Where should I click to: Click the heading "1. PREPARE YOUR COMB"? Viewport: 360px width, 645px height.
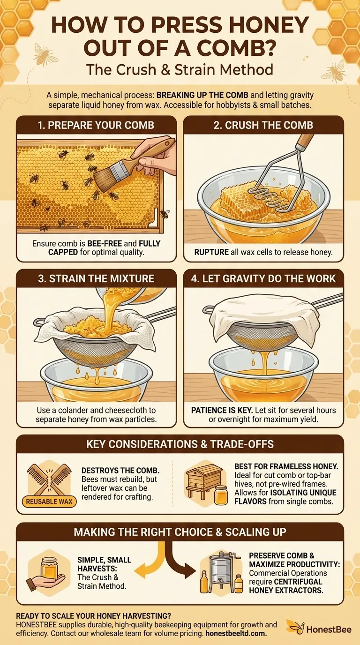pyautogui.click(x=96, y=126)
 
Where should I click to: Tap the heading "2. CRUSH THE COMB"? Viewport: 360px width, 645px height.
pyautogui.click(x=263, y=126)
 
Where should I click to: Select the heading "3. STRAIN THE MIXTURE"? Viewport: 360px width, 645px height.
pyautogui.click(x=96, y=278)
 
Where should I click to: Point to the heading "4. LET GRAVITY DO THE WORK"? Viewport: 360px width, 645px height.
pyautogui.click(x=263, y=278)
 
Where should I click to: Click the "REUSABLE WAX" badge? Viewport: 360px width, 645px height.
pyautogui.click(x=49, y=502)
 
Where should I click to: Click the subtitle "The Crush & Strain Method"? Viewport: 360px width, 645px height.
pyautogui.click(x=180, y=70)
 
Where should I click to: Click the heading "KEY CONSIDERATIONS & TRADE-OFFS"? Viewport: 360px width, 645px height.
pyautogui.click(x=180, y=444)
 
